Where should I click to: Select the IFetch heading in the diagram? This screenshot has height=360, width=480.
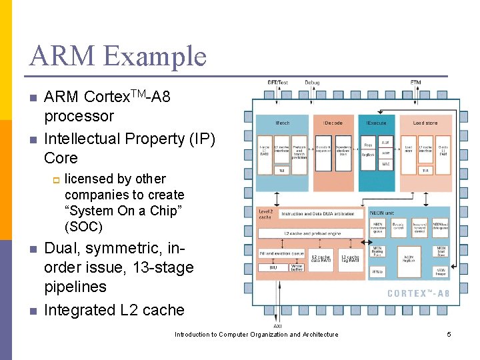pyautogui.click(x=283, y=123)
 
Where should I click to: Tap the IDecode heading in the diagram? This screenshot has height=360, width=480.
pyautogui.click(x=333, y=123)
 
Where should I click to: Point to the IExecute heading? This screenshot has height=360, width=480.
pyautogui.click(x=376, y=123)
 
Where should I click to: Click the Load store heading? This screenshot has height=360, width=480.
pyautogui.click(x=425, y=123)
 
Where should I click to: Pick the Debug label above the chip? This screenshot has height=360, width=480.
pyautogui.click(x=312, y=83)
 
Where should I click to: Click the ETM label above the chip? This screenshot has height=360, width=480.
pyautogui.click(x=415, y=83)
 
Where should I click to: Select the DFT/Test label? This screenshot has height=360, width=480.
pyautogui.click(x=277, y=83)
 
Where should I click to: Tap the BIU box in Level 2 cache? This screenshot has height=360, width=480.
pyautogui.click(x=273, y=267)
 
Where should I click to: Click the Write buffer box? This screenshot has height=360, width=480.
pyautogui.click(x=297, y=268)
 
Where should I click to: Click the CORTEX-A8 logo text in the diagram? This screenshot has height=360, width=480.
pyautogui.click(x=418, y=293)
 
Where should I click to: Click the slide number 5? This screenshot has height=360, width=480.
pyautogui.click(x=449, y=334)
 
